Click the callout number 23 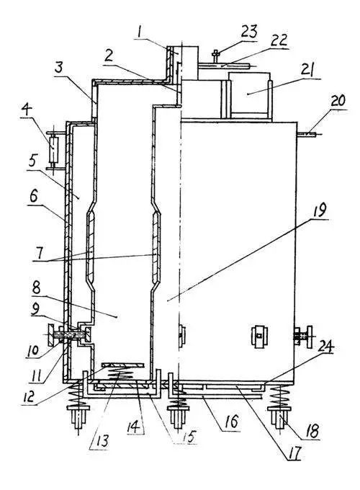click(249, 32)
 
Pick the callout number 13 click(102, 441)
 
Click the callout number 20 click(338, 101)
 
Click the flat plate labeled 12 click(123, 365)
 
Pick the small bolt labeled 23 click(215, 56)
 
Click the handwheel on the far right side click(309, 337)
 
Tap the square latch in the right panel click(258, 337)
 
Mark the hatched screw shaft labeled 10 click(70, 334)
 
